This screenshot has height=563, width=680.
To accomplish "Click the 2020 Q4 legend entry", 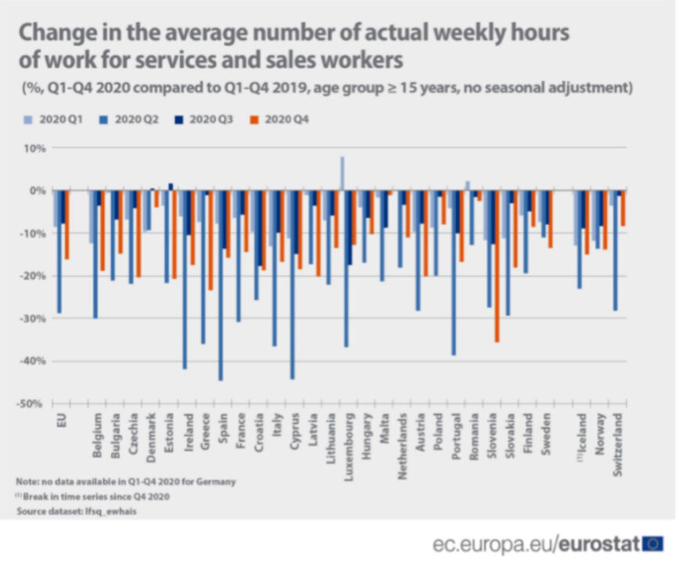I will [286, 119].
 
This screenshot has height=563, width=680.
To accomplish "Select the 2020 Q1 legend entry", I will [59, 119].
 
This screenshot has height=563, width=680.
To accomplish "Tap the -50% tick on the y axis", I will [31, 403].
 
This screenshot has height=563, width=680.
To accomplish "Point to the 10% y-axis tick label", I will [34, 148].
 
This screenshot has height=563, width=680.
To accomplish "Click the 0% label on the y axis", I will [36, 191].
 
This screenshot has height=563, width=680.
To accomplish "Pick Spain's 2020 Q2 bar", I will [221, 285].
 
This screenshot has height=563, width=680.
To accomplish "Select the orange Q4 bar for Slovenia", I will [496, 266].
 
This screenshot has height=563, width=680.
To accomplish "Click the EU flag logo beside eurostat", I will [653, 543].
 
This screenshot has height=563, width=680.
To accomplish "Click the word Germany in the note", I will [217, 482].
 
